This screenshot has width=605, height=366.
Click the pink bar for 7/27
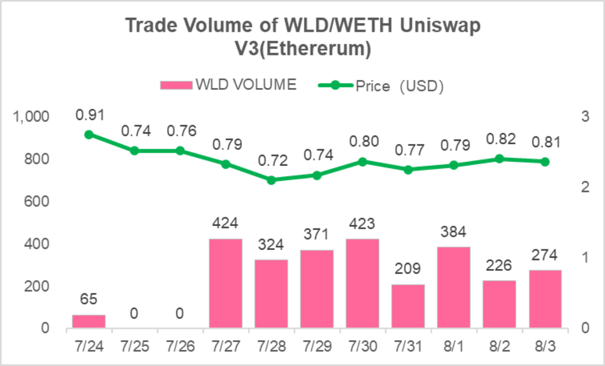tap(226, 283)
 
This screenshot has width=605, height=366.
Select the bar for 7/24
tap(89, 321)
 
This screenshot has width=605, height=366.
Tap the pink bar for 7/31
tap(408, 306)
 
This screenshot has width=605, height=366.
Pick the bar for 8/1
tap(454, 287)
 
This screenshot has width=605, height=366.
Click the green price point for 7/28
tap(271, 180)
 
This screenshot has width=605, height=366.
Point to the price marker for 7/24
tap(89, 135)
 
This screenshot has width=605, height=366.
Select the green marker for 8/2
tap(499, 159)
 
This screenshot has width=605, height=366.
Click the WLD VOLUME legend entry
tap(228, 85)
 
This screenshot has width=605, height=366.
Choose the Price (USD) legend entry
tap(381, 86)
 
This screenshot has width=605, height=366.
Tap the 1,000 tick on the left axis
tap(31, 117)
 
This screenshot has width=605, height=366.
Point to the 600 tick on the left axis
tap(37, 202)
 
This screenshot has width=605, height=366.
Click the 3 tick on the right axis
tap(585, 117)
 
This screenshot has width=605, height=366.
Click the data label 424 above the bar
tap(226, 223)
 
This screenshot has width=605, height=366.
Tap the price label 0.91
tap(89, 115)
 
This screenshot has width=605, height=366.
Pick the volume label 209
tap(408, 268)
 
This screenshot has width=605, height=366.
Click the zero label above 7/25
tap(134, 314)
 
